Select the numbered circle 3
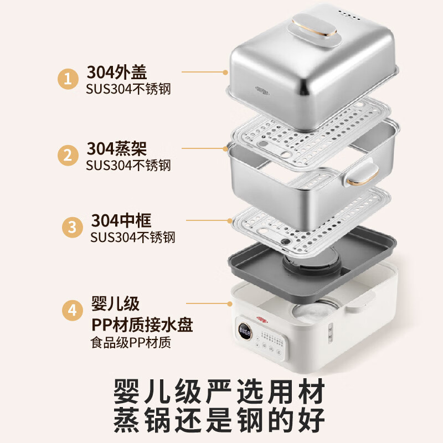[73, 226]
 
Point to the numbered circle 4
[72, 310]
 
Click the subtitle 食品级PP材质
[131, 342]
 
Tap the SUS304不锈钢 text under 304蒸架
[128, 165]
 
